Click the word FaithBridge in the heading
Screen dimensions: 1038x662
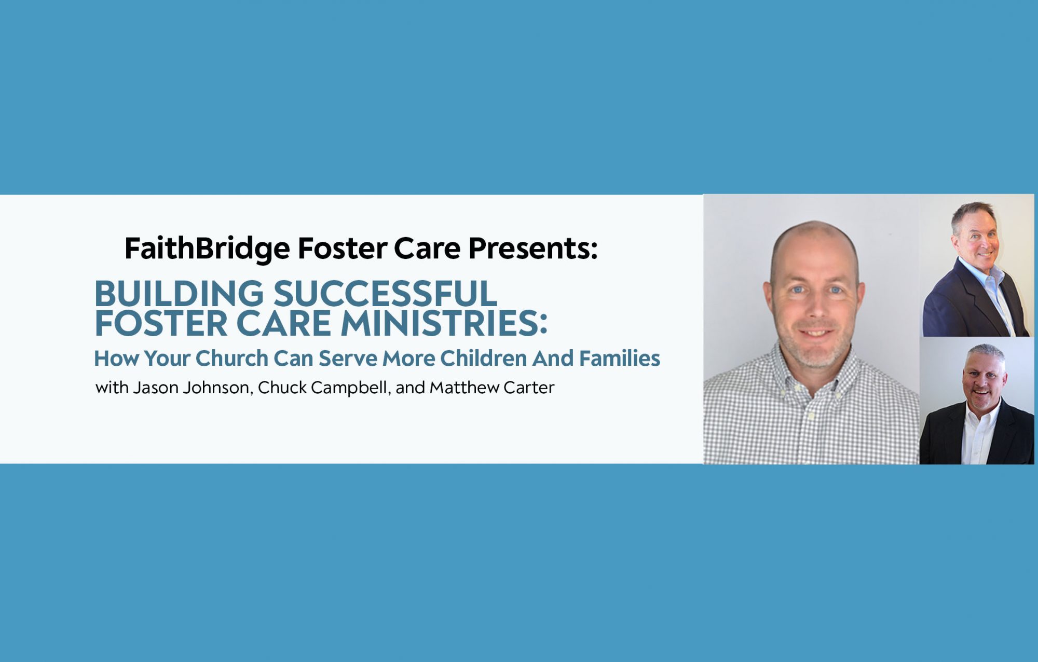[x=207, y=249]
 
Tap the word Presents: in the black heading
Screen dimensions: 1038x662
[x=533, y=248]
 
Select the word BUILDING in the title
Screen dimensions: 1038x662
[x=179, y=294]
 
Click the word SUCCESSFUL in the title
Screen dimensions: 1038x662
[x=385, y=294]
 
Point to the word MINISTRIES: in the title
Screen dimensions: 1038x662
[x=444, y=323]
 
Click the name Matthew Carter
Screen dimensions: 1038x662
[x=492, y=388]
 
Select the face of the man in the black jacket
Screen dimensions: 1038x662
[x=984, y=383]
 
